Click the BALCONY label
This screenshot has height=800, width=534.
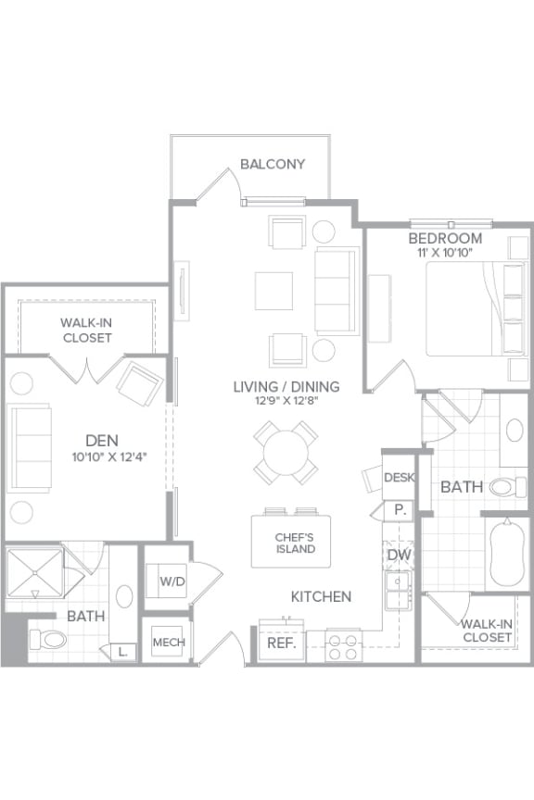pyautogui.click(x=273, y=164)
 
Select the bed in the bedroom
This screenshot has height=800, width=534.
pyautogui.click(x=473, y=308)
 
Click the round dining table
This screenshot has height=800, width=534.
pyautogui.click(x=286, y=453)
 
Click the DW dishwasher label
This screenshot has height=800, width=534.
pyautogui.click(x=399, y=554)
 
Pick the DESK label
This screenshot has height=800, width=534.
pyautogui.click(x=400, y=478)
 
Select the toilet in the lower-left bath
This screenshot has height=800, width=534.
pyautogui.click(x=48, y=639)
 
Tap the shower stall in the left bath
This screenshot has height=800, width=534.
pyautogui.click(x=34, y=576)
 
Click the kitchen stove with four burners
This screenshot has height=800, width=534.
pyautogui.click(x=342, y=645)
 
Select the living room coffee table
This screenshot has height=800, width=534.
pyautogui.click(x=274, y=291)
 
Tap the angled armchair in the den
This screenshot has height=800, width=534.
pyautogui.click(x=139, y=380)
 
